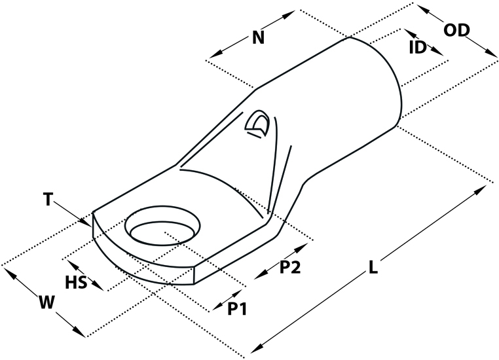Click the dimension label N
click(259, 37)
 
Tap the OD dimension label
click(456, 30)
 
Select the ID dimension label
click(418, 47)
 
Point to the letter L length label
click(373, 267)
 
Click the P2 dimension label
click(290, 267)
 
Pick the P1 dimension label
click(237, 308)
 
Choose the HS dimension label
click(76, 282)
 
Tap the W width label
click(46, 302)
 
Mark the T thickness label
click(48, 200)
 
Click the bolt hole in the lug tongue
click(163, 226)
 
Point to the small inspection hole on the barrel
click(257, 124)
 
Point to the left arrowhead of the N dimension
click(215, 54)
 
